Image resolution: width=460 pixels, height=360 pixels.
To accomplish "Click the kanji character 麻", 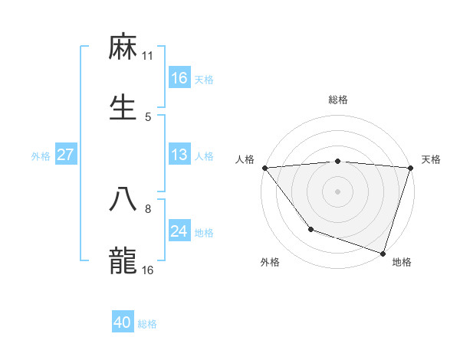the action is pyautogui.click(x=123, y=48).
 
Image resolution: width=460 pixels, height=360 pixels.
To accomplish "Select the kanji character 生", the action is pyautogui.click(x=123, y=108).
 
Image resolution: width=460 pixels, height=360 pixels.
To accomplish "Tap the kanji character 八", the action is pyautogui.click(x=123, y=201).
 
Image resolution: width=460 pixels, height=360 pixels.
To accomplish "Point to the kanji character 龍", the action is pyautogui.click(x=123, y=260).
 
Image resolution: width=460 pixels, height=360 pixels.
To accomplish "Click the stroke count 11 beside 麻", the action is pyautogui.click(x=148, y=56).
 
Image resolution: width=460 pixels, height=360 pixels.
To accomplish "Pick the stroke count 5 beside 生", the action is pyautogui.click(x=148, y=116).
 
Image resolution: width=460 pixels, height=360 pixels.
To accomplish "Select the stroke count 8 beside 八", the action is pyautogui.click(x=148, y=208).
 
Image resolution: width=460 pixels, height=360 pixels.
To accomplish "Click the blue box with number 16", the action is pyautogui.click(x=179, y=78).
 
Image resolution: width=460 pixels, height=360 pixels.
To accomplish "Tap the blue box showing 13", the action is pyautogui.click(x=179, y=155).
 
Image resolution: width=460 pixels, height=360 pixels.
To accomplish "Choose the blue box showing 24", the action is pyautogui.click(x=179, y=231).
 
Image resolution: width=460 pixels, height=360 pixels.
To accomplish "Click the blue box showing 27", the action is pyautogui.click(x=66, y=155).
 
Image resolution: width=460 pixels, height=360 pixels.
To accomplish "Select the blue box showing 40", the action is pyautogui.click(x=123, y=323).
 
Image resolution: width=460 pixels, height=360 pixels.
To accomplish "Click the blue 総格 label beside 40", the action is pyautogui.click(x=148, y=324).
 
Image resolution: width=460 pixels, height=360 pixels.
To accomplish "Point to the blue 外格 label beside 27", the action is pyautogui.click(x=41, y=155).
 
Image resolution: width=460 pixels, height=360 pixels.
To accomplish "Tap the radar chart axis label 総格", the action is pyautogui.click(x=337, y=100).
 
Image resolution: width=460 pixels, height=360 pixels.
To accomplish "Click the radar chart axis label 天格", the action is pyautogui.click(x=431, y=159).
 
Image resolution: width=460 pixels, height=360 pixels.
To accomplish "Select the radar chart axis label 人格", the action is pyautogui.click(x=245, y=159).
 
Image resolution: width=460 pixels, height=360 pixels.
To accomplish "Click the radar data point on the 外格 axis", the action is pyautogui.click(x=310, y=229).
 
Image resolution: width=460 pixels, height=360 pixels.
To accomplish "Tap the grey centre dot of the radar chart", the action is pyautogui.click(x=337, y=191).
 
